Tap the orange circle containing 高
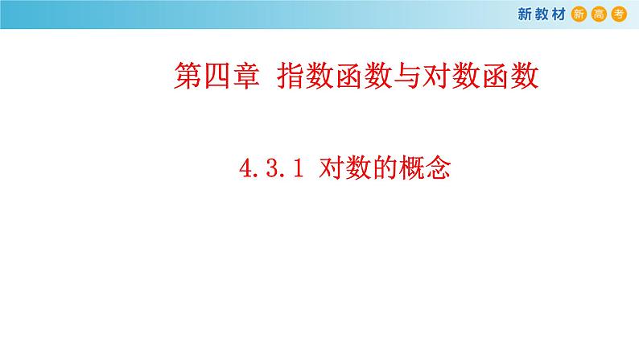(x=599, y=14)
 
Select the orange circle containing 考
(x=618, y=14)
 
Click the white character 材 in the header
(x=556, y=14)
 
